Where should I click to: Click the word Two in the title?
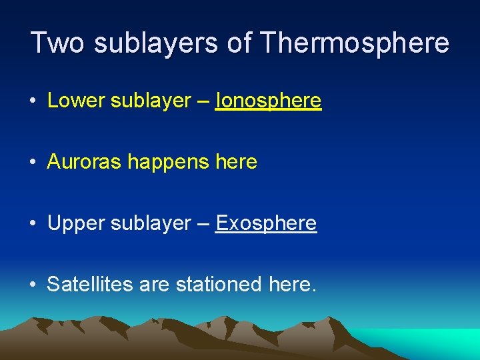tap(58, 43)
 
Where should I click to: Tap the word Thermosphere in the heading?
tap(355, 43)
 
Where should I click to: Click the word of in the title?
tap(240, 43)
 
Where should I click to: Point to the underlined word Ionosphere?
tap(268, 101)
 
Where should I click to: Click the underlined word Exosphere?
tap(266, 223)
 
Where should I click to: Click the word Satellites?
tap(90, 285)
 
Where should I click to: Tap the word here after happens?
tap(236, 162)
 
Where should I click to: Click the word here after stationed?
tap(291, 285)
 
